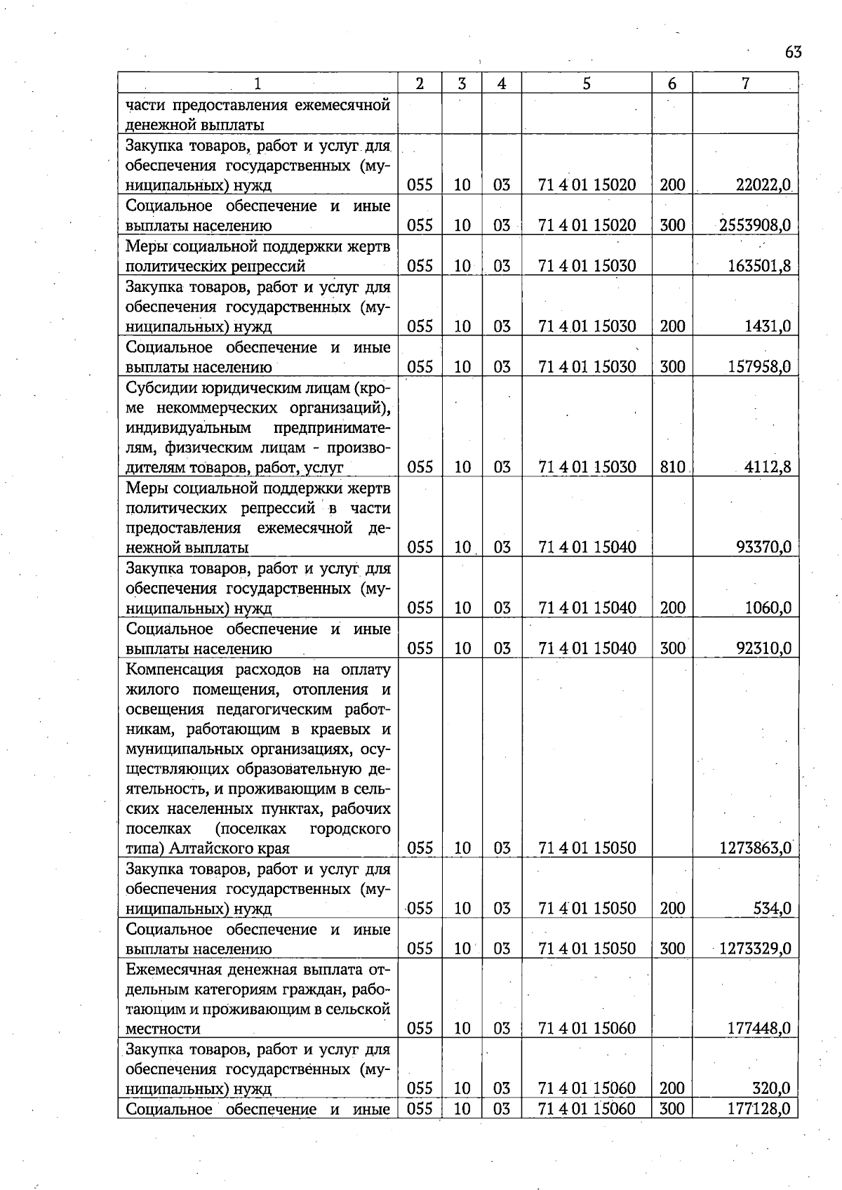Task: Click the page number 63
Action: coord(794,53)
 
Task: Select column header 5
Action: coord(586,83)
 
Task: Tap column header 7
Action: coord(745,83)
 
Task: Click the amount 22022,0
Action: coord(763,185)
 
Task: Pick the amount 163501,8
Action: coord(759,266)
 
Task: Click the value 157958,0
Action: coord(759,366)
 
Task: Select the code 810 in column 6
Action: coord(672,467)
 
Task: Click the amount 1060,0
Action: coord(768,608)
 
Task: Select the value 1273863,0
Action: coord(756,848)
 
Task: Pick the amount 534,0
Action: coord(773,909)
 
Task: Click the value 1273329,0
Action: coord(756,949)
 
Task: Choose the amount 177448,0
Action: coord(759,1029)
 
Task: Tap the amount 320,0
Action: coord(773,1089)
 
